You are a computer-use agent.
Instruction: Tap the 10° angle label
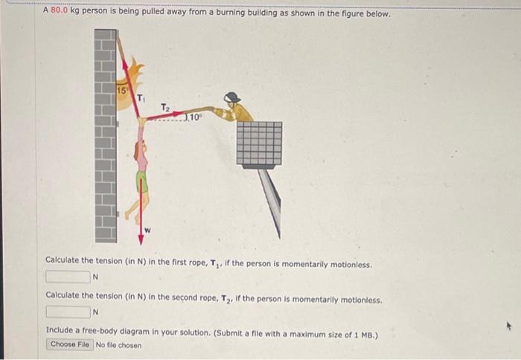[192, 117]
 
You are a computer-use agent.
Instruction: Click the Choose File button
[70, 344]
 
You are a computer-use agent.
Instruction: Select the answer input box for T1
[68, 277]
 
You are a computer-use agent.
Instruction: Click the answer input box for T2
[68, 312]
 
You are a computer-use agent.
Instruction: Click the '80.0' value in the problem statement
[60, 13]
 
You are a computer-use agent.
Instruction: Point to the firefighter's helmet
[233, 97]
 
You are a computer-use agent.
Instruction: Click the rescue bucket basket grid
[259, 143]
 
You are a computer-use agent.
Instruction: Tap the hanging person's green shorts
[141, 181]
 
